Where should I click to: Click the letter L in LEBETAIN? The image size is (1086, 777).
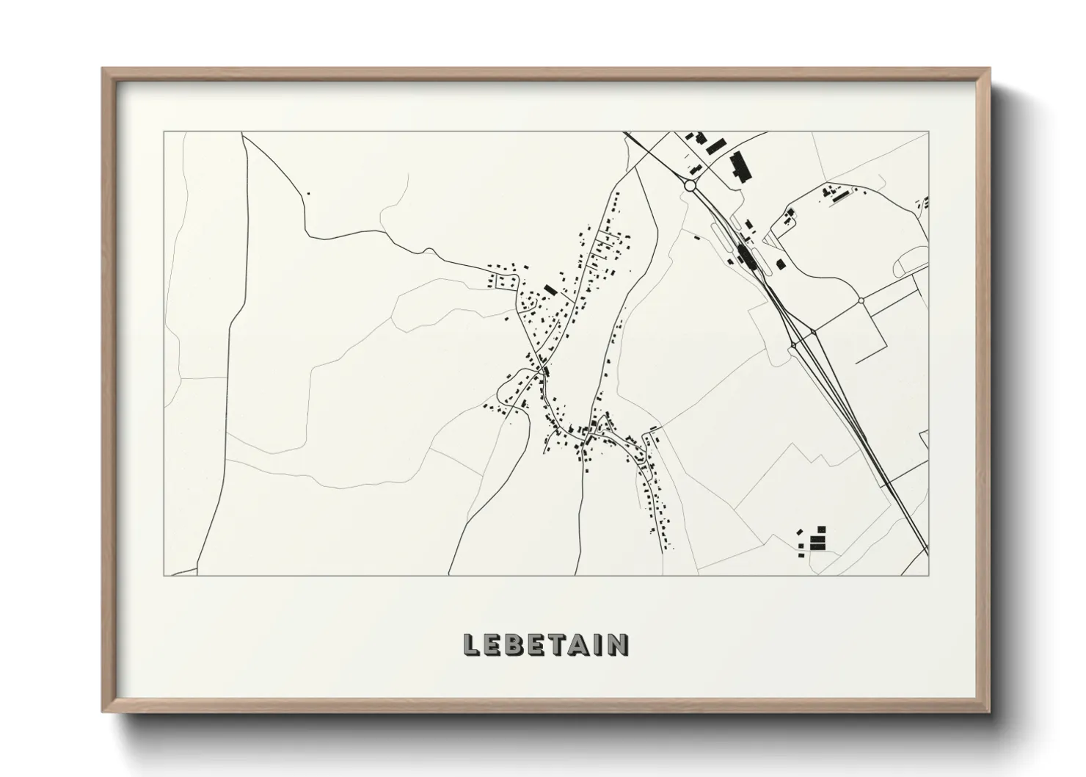(471, 644)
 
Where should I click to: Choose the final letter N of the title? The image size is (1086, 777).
(618, 644)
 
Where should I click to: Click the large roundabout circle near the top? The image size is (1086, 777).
(690, 186)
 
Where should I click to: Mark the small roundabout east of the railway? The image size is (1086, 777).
(861, 300)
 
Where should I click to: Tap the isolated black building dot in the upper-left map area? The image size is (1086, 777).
(308, 193)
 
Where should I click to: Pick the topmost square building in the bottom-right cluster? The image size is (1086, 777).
(822, 529)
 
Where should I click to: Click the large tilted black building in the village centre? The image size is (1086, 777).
(550, 290)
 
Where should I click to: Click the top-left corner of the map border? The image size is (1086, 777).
(164, 132)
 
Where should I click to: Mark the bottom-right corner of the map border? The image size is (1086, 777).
(929, 575)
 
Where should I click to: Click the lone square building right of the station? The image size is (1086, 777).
(781, 264)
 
